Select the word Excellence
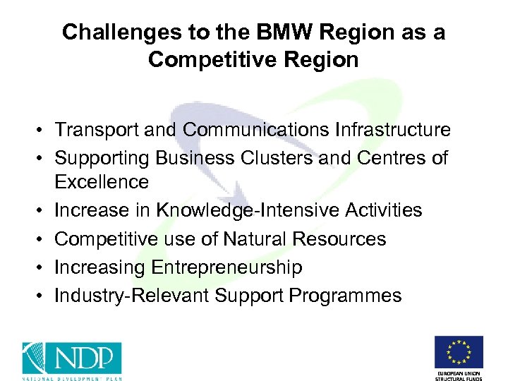click(x=102, y=182)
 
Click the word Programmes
click(x=344, y=296)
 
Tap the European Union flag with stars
click(x=458, y=352)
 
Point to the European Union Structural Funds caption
click(x=458, y=374)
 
